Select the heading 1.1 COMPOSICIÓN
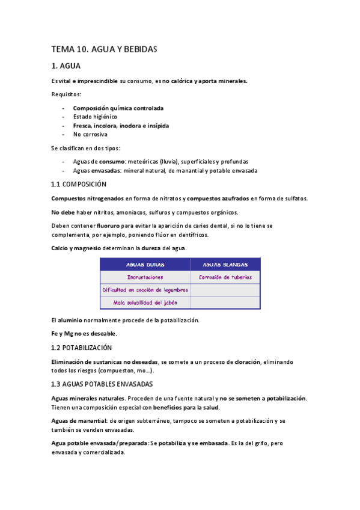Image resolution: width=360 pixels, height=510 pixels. coord(78,184)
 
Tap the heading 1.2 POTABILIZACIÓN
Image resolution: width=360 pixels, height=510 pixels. coord(81,348)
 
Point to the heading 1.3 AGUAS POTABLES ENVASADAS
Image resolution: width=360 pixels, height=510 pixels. coord(102,384)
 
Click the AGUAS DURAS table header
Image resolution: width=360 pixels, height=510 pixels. coord(145,264)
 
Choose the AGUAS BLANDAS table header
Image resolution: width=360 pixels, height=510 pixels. coord(225,264)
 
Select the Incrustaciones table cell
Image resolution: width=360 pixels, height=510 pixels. coord(145,277)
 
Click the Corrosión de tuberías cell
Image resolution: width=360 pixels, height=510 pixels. coord(225,277)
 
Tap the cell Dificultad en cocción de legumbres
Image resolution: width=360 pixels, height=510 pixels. coord(145,290)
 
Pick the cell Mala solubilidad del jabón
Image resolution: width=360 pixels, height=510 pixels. coord(145,303)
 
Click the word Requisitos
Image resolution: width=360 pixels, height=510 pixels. coord(66,94)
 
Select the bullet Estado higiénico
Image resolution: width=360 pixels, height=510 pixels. coord(95,117)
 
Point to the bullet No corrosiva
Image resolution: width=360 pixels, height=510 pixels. coord(90,135)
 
